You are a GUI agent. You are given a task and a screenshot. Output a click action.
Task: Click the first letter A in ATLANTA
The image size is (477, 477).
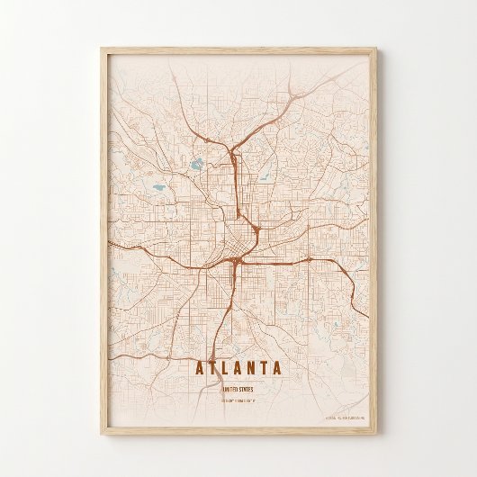click(199, 367)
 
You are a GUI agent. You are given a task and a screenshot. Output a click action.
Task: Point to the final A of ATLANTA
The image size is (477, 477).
click(276, 367)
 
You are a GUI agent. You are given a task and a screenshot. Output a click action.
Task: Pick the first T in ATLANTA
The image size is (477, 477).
click(212, 367)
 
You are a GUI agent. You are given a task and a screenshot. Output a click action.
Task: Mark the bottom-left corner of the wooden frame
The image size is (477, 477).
click(95, 428)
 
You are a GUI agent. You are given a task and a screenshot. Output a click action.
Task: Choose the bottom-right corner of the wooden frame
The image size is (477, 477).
click(381, 428)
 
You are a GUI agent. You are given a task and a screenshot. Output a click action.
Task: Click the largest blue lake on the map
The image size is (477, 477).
click(196, 166)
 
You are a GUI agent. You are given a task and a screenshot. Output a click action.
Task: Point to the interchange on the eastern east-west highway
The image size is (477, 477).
click(309, 259)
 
